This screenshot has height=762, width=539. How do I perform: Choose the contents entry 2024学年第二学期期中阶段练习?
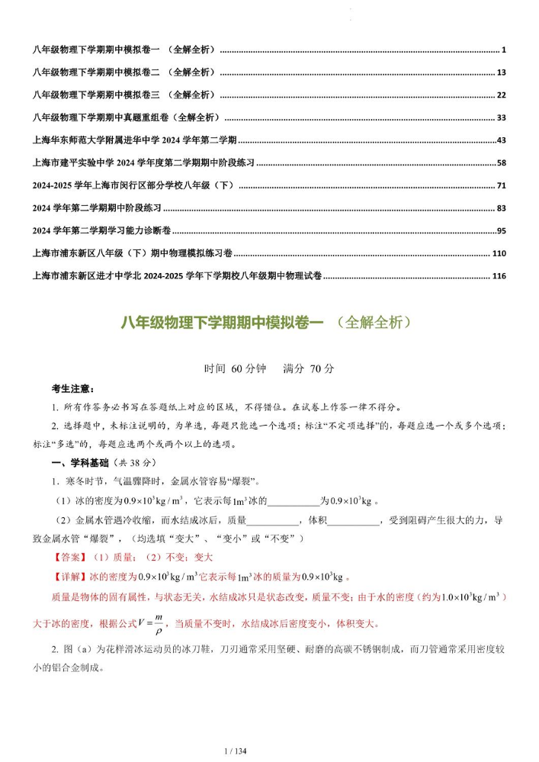point(98,208)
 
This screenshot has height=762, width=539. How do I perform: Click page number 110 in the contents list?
point(499,253)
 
